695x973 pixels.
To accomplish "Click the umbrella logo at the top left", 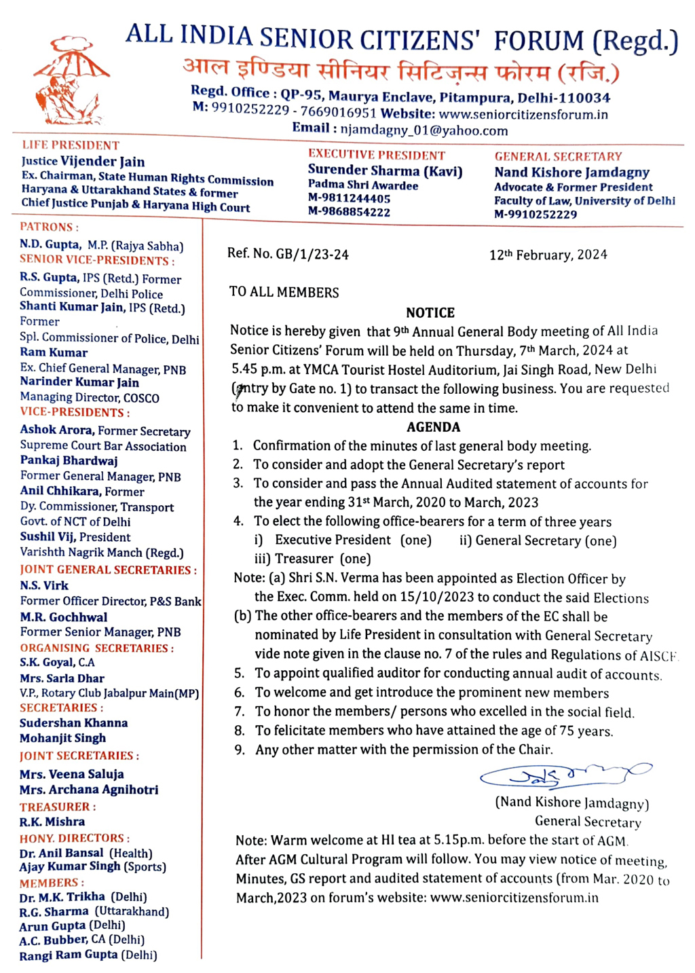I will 71,81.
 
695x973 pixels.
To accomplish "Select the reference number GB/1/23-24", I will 312,255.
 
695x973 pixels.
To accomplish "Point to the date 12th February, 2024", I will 548,255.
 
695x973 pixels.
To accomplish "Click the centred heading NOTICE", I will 430,313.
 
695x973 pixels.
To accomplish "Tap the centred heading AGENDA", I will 433,427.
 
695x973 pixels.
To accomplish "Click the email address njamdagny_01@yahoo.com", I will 424,130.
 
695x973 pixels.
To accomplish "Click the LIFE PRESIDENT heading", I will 71,145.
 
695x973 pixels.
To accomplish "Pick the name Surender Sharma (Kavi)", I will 385,171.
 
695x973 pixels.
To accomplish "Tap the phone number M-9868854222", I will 349,212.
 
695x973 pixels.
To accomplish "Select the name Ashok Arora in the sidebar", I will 56,430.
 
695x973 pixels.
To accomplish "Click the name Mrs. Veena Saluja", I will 71,774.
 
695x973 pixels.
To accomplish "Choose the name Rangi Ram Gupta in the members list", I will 69,955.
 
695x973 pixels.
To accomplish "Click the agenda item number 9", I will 240,750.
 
